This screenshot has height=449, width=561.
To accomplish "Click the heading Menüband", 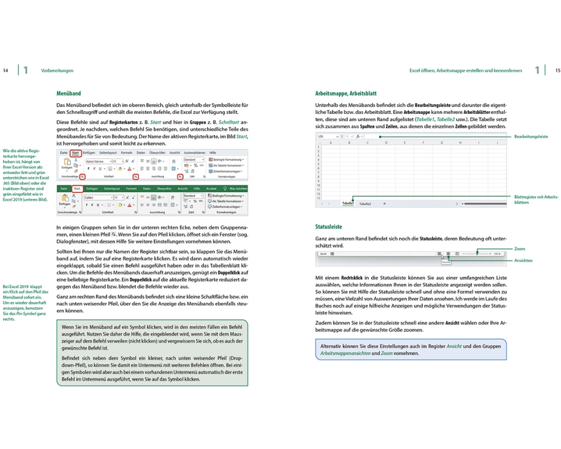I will (69, 93).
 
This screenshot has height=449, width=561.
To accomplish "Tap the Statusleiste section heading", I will (329, 227).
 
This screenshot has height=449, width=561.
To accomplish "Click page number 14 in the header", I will (6, 71).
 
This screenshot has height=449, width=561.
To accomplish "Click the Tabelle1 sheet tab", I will (348, 204).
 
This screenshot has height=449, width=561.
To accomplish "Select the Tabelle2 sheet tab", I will (365, 204).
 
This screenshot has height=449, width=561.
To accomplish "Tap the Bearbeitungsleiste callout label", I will (531, 136).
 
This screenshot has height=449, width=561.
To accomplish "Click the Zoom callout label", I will (520, 248).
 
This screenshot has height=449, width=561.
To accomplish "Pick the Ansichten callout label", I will (523, 260).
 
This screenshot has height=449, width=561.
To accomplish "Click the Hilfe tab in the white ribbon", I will (213, 153).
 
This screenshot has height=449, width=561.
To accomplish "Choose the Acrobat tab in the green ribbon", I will (211, 189).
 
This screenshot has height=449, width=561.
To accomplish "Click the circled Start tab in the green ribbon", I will (77, 189).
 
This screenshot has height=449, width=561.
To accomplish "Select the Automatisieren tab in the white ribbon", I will (195, 153).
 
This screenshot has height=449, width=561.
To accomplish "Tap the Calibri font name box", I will (96, 198).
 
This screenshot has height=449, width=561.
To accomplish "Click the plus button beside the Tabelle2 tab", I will (384, 204).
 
